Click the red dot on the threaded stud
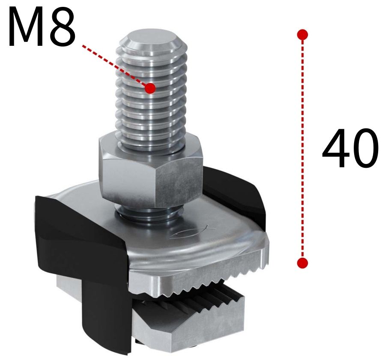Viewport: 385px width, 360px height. click(x=150, y=88)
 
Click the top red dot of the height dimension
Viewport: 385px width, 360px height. click(x=302, y=35)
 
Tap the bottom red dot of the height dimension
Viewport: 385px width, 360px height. click(x=302, y=262)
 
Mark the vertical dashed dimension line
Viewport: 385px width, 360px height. click(x=302, y=150)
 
